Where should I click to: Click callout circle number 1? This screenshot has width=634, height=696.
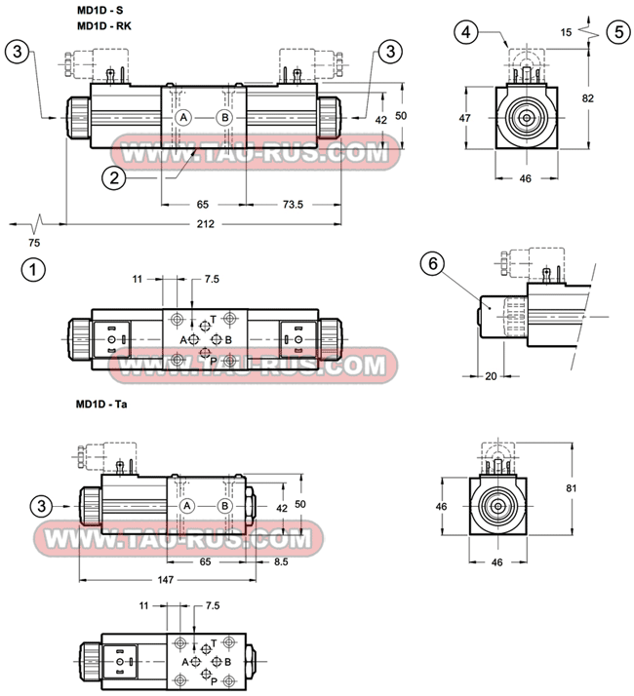tap(34, 269)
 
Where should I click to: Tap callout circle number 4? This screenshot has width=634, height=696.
tap(467, 32)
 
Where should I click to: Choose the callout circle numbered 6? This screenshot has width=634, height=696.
tap(432, 263)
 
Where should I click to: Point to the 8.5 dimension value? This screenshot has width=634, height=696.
tap(281, 562)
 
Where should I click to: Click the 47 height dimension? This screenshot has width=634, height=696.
tap(465, 118)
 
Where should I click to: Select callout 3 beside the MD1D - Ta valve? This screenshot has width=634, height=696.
tap(40, 505)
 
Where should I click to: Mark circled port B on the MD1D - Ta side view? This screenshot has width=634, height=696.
tap(225, 505)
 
